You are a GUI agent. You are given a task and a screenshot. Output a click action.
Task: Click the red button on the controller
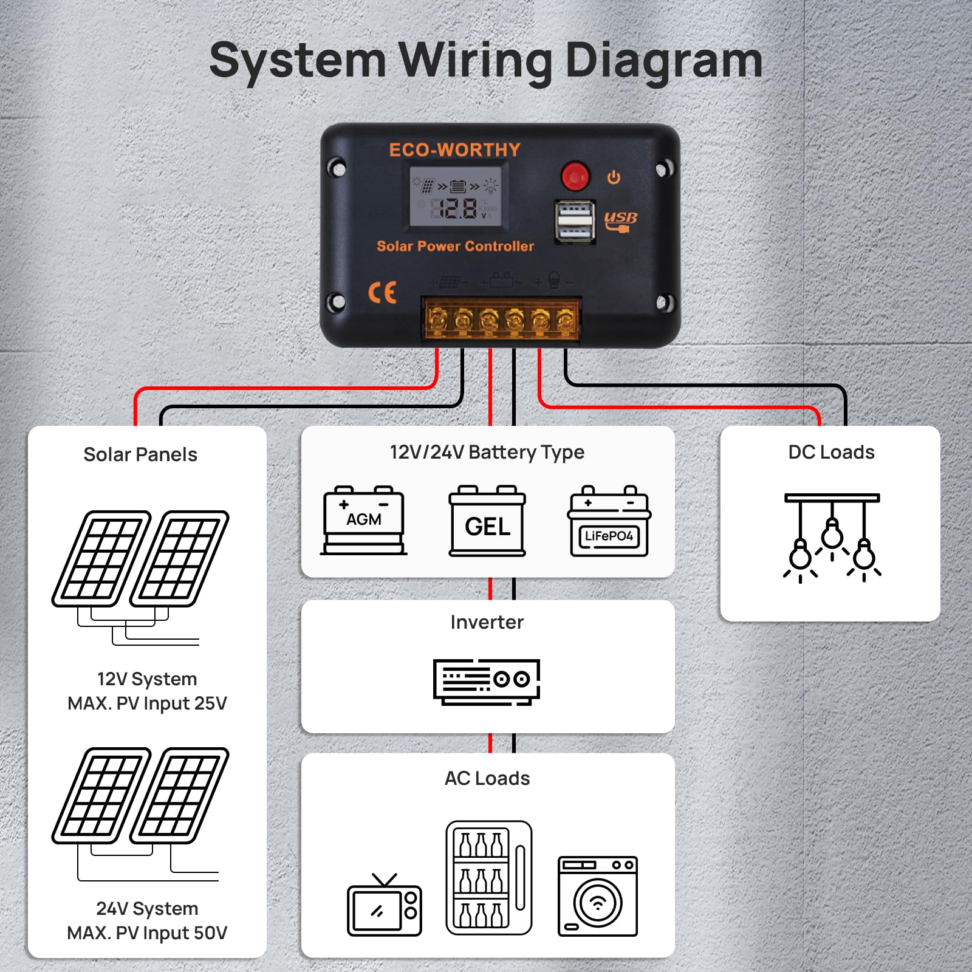pos(575,176)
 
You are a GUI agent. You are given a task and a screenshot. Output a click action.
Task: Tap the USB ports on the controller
pos(575,222)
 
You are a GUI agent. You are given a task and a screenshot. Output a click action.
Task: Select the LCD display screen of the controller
pos(456,197)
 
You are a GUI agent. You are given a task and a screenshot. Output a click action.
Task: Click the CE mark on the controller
pos(382,293)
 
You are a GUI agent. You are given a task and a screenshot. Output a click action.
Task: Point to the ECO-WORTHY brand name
pos(454,150)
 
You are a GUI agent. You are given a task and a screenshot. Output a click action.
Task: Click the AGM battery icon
pos(363,520)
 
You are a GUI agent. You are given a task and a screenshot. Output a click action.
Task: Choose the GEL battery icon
pos(487,521)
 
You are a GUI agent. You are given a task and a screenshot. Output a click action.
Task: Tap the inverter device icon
pos(487,682)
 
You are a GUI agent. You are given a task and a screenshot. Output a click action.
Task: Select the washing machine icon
pos(598,896)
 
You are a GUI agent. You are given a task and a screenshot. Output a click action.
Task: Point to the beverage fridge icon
pos(488,878)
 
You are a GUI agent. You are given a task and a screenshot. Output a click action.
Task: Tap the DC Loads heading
pos(831,452)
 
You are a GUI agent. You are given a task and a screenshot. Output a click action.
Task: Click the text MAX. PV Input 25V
pos(147,703)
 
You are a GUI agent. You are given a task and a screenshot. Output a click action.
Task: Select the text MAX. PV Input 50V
pos(147,933)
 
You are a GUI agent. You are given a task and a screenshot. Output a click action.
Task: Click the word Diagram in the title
pos(663,61)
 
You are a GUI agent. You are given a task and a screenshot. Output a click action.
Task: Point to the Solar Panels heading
pos(140,454)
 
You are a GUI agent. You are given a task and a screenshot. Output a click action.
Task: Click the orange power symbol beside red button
pos(614,177)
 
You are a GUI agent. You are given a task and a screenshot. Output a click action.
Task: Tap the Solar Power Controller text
pos(455,246)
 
